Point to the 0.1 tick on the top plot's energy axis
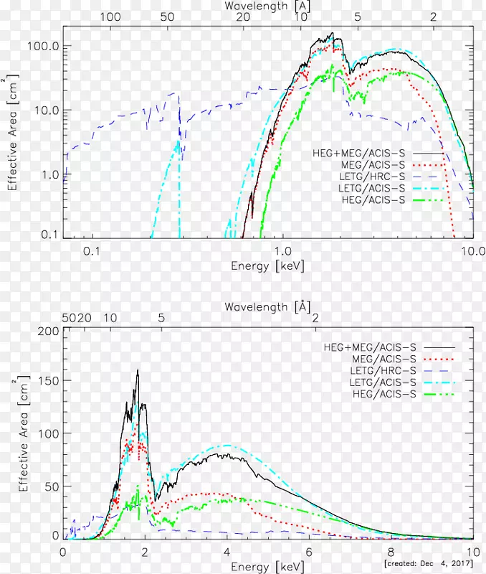(90, 251)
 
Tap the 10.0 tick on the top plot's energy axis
(472, 251)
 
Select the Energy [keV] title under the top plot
(267, 265)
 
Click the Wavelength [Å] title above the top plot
(267, 5)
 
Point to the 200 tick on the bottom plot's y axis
(49, 331)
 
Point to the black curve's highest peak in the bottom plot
(137, 371)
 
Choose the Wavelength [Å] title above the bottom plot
(267, 306)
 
